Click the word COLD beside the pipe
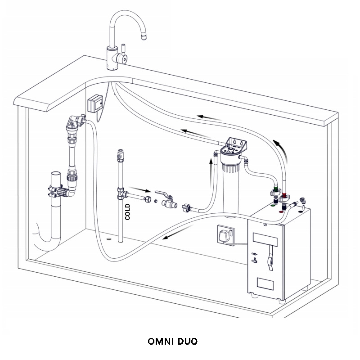pyautogui.click(x=127, y=211)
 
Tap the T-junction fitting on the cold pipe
pyautogui.click(x=121, y=193)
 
